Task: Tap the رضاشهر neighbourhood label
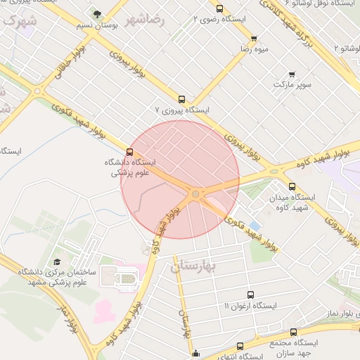click(146, 20)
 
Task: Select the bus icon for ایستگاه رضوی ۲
click(220, 9)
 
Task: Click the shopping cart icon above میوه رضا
click(254, 39)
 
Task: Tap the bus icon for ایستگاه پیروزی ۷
click(182, 99)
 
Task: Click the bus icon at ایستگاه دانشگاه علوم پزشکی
click(129, 151)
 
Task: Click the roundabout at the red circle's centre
click(195, 193)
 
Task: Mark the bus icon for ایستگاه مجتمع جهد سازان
click(293, 332)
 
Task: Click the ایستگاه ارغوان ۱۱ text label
click(250, 307)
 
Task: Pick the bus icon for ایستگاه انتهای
click(240, 346)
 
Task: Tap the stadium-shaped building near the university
click(127, 279)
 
